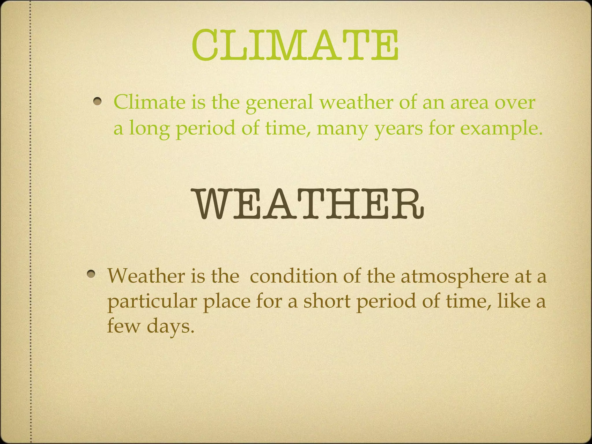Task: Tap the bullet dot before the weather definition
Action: click(91, 273)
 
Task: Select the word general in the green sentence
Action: click(279, 103)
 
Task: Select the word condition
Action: click(293, 276)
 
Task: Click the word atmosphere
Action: click(454, 276)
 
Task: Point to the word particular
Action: click(152, 301)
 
